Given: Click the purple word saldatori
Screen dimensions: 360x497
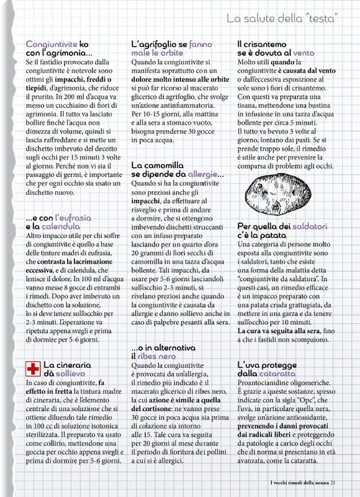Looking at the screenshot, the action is [302, 226].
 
